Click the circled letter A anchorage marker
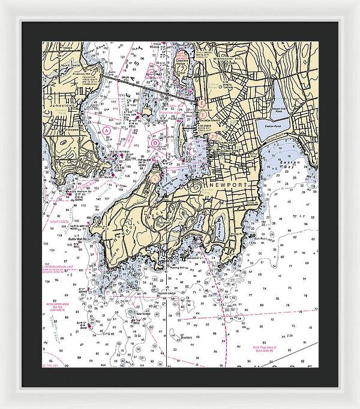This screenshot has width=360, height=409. (106, 130)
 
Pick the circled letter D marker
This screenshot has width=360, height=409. (155, 143)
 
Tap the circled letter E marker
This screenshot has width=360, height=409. (203, 104)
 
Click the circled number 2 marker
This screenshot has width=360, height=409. (213, 136)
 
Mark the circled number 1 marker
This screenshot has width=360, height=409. (155, 178)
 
